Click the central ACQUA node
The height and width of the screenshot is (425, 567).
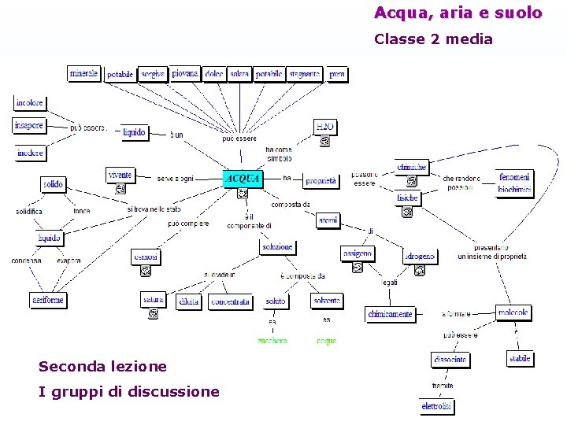tap(242, 178)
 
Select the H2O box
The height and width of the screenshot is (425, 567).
tap(325, 127)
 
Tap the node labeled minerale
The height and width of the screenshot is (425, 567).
tap(84, 74)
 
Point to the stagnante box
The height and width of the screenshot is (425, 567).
tap(305, 74)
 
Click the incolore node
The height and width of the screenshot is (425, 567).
tap(30, 103)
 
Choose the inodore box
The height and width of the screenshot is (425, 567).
tap(30, 153)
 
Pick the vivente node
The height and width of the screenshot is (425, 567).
tap(120, 175)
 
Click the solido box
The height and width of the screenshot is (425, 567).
tap(53, 184)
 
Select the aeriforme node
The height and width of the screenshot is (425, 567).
tap(48, 300)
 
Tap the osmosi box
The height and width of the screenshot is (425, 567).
tap(146, 257)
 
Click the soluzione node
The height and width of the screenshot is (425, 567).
tap(277, 247)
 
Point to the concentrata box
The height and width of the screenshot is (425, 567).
tap(230, 301)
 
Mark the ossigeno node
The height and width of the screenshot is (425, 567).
tap(357, 253)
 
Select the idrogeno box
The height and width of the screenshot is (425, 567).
tap(420, 257)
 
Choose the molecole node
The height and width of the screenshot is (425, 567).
tap(513, 312)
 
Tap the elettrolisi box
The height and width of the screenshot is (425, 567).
tap(437, 406)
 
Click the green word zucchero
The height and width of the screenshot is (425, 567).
tap(272, 341)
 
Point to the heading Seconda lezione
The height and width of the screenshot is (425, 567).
tap(102, 366)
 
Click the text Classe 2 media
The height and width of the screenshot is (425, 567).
tap(433, 39)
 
